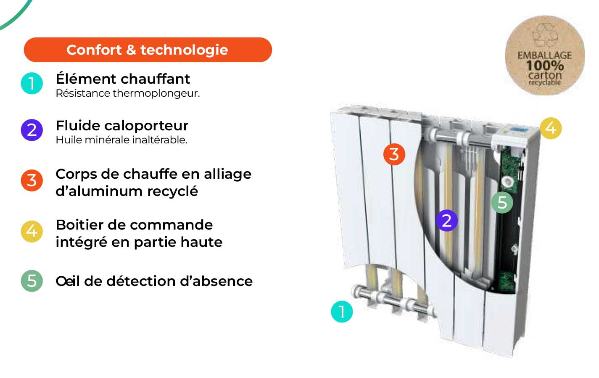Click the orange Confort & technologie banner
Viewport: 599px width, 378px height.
pyautogui.click(x=148, y=50)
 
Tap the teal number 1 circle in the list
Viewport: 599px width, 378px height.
pyautogui.click(x=32, y=83)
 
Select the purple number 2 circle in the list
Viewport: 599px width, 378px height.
pyautogui.click(x=32, y=130)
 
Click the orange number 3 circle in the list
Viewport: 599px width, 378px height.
pyautogui.click(x=32, y=180)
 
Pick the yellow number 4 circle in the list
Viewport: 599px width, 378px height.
pyautogui.click(x=32, y=231)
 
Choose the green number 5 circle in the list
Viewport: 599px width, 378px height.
pyautogui.click(x=32, y=280)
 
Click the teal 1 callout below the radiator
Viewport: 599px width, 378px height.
pyautogui.click(x=342, y=312)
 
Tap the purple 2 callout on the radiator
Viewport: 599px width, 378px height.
pyautogui.click(x=446, y=220)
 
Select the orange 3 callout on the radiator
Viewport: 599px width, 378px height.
pyautogui.click(x=394, y=154)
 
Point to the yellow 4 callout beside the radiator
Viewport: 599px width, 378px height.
pyautogui.click(x=550, y=128)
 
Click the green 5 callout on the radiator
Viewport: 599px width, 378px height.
pyautogui.click(x=502, y=202)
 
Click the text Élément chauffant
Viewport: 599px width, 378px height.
pyautogui.click(x=123, y=79)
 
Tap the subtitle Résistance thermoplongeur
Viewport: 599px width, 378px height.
pyautogui.click(x=127, y=93)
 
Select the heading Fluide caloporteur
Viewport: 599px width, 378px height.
pyautogui.click(x=122, y=125)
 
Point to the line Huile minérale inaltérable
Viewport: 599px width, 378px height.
pyautogui.click(x=121, y=140)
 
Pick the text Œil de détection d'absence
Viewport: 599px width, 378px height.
pyautogui.click(x=154, y=281)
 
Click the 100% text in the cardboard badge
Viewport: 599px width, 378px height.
pyautogui.click(x=545, y=66)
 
